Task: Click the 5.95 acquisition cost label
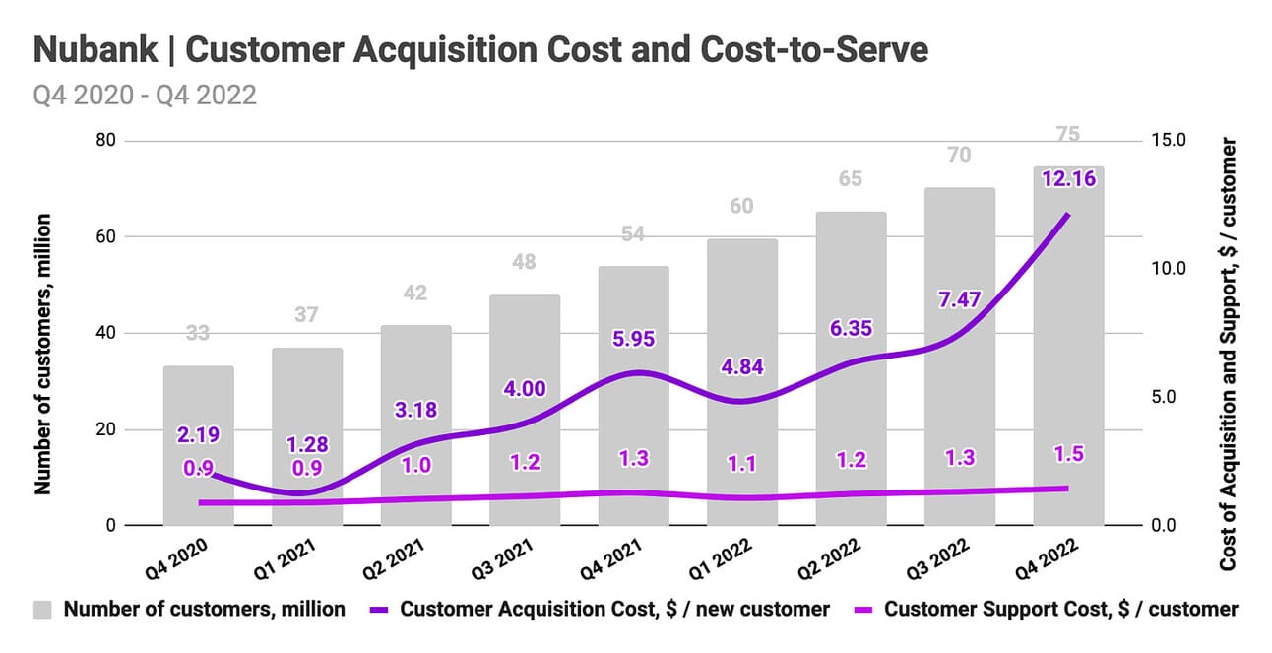tap(634, 338)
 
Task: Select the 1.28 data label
tap(306, 444)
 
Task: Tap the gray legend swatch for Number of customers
tap(44, 609)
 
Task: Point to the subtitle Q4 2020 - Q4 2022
tap(145, 97)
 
